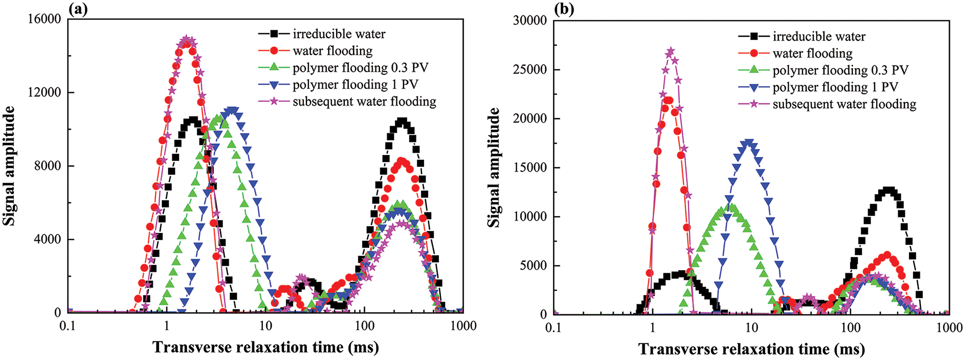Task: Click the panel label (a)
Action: pos(78,9)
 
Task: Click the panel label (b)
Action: pos(564,10)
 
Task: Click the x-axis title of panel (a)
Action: pos(265,347)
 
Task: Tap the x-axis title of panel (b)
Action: pos(751,349)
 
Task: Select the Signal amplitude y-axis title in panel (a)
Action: pos(9,166)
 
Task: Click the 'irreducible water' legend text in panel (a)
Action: pos(339,34)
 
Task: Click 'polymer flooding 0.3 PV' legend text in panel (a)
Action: pos(360,68)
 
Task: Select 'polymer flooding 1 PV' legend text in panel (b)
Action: pos(835,87)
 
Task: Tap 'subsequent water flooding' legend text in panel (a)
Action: pos(364,101)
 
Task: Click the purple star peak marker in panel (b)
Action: pos(670,51)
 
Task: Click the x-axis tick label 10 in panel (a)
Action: pos(265,326)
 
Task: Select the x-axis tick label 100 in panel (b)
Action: pos(850,328)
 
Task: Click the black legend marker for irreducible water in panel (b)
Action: pos(754,36)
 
